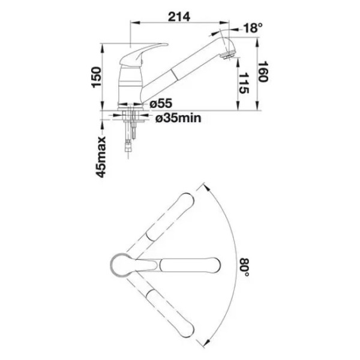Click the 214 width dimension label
coord(179,17)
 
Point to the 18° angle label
coord(253,28)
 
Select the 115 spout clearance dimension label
coord(244,83)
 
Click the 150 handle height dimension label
coord(96,77)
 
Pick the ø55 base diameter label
coord(161,104)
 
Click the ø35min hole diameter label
coord(178,118)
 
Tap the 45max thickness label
coord(101,157)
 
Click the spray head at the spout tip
coord(229,49)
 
